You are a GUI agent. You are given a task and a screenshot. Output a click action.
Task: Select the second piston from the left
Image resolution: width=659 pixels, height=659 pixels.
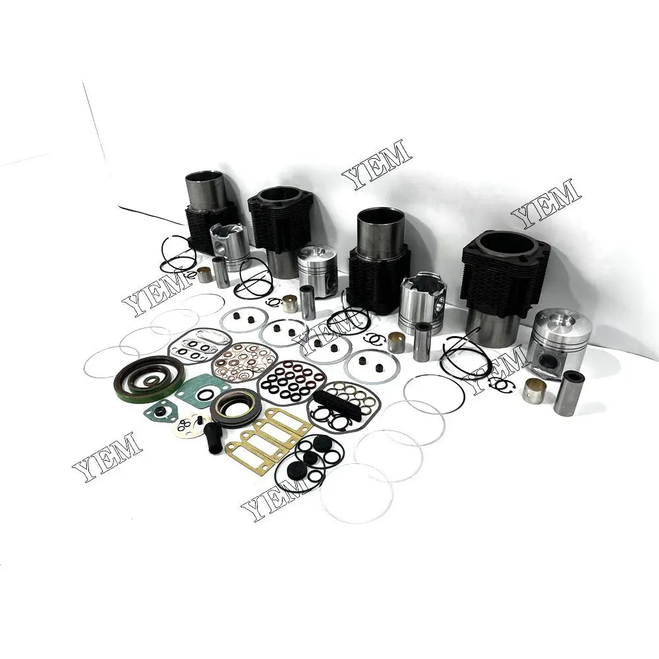[314, 267]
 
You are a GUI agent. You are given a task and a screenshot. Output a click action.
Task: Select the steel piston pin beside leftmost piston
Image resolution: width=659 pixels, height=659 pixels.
[219, 272]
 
